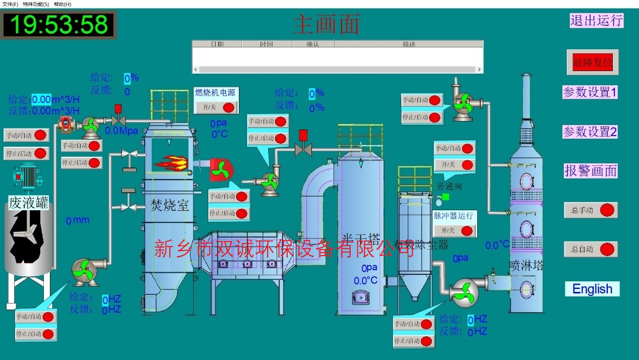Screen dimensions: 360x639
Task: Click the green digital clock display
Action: (x=59, y=25)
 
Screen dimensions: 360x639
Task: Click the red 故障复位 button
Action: (x=592, y=63)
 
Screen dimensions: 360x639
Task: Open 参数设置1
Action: (x=590, y=92)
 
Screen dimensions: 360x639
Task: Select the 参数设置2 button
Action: (x=590, y=132)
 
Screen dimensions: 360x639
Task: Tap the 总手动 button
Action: (x=591, y=210)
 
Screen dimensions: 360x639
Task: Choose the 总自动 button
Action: (x=591, y=249)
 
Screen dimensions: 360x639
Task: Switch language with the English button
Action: (x=592, y=289)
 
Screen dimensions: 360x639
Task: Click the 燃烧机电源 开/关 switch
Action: (x=217, y=107)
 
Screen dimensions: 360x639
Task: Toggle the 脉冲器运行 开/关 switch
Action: (x=455, y=230)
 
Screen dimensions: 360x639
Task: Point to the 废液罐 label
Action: (x=29, y=203)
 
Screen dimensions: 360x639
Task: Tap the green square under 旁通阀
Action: (x=445, y=197)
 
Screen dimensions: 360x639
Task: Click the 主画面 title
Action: (x=326, y=24)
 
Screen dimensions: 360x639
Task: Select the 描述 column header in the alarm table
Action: (x=409, y=44)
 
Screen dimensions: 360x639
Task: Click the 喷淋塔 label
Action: (x=526, y=265)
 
